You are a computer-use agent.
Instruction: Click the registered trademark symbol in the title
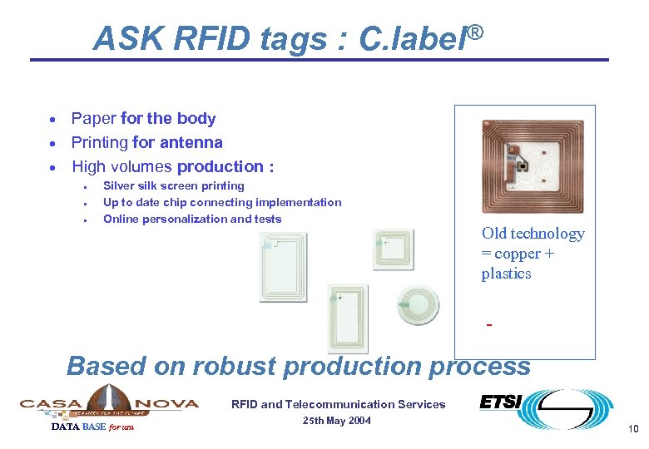tap(474, 33)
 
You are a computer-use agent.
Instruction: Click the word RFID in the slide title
tap(195, 39)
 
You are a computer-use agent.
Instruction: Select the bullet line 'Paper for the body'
tap(143, 119)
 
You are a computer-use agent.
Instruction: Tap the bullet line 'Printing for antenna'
tap(146, 142)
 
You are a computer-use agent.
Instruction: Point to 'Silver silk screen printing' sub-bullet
tap(173, 186)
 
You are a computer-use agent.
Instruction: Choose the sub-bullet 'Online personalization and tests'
tap(192, 220)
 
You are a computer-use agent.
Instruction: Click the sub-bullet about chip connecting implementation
tap(222, 203)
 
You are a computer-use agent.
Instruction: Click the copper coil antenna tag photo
tap(533, 166)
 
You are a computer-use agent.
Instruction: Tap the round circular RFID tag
tap(414, 305)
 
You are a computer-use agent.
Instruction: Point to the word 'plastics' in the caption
tap(506, 274)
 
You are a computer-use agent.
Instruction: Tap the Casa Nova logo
tap(109, 402)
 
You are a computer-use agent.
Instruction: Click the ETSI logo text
tap(500, 402)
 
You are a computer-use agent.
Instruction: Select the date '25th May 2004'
tap(337, 421)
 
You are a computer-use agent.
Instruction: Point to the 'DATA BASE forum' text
tap(92, 427)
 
